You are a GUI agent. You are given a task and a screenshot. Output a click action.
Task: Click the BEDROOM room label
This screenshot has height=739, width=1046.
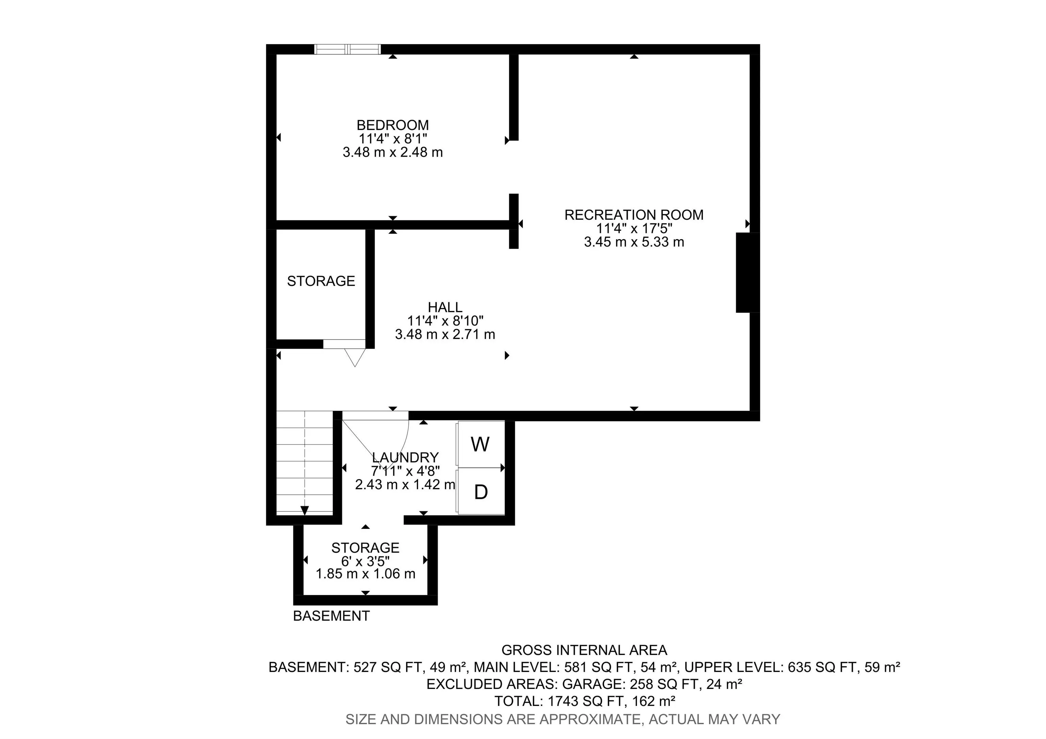point(392,125)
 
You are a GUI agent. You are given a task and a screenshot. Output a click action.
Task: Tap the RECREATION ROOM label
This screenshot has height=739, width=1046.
point(634,215)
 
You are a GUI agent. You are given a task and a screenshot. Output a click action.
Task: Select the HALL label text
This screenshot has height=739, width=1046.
point(445,307)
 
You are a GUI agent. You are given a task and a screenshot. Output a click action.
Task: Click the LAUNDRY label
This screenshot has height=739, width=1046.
point(405,457)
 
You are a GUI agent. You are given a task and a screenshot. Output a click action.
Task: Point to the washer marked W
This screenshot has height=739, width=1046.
point(480,444)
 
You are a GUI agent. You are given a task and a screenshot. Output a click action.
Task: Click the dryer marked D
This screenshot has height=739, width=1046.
point(481,492)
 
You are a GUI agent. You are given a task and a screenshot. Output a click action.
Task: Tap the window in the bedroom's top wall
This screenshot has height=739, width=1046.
point(348,49)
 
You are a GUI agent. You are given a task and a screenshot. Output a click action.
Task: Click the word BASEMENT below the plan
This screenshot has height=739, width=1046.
point(331,616)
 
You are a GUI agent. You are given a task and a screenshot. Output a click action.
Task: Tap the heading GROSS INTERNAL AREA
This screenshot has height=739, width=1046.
point(584,650)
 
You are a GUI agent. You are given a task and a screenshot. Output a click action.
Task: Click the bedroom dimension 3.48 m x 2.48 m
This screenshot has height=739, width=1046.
point(392,152)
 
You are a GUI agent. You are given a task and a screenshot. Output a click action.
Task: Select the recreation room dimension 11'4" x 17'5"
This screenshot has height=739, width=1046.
point(634,228)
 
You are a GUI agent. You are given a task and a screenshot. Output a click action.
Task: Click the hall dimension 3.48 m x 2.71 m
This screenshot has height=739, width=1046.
point(445,334)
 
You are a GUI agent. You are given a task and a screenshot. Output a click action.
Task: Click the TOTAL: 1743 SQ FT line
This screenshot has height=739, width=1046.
point(584,701)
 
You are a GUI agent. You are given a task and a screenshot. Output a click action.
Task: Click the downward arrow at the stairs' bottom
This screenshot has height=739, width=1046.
point(304,511)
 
